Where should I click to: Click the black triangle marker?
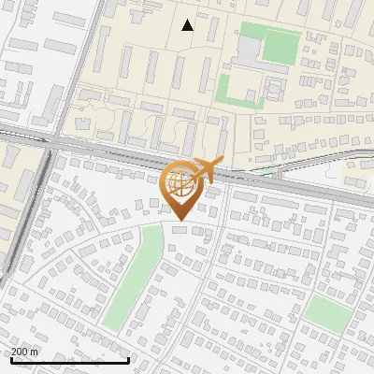[x=188, y=25]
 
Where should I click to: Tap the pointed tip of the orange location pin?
[x=179, y=222]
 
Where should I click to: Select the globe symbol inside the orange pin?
[x=179, y=181]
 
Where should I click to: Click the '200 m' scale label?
[x=25, y=352]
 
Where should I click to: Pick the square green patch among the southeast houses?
[x=325, y=312]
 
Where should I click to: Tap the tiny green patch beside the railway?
[x=269, y=170]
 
